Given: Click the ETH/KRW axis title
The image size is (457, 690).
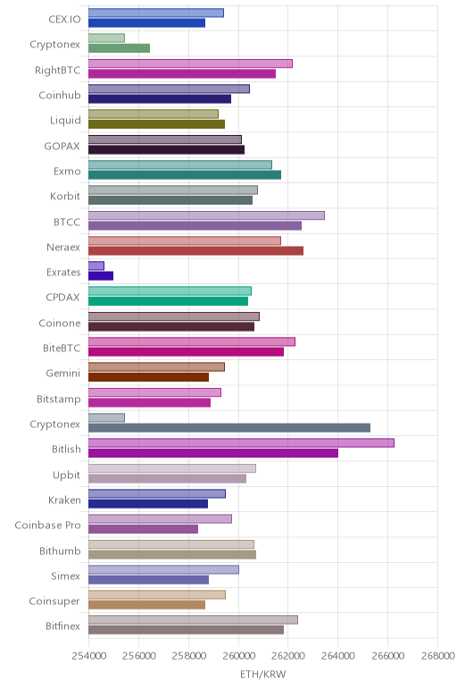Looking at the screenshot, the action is [262, 674].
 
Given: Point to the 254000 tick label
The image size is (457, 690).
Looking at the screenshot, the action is [88, 656].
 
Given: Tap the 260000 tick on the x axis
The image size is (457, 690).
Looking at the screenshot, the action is [238, 656].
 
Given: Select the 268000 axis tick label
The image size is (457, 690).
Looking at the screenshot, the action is [437, 656].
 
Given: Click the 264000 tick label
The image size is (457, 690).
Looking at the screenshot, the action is [338, 656].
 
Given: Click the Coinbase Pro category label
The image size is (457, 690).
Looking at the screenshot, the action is [47, 525].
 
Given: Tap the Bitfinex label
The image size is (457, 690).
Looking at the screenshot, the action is [62, 626].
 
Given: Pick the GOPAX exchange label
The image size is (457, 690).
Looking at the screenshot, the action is [62, 146].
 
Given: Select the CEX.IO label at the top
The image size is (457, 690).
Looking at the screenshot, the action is [64, 20].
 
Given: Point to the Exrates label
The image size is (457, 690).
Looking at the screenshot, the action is [63, 273].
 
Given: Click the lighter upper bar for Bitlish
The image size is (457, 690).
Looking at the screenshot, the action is [241, 442].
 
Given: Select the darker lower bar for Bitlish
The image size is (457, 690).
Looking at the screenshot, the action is [213, 453].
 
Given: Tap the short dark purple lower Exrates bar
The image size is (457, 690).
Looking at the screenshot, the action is [101, 276].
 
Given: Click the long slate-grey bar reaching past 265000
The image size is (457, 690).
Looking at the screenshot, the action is [229, 428].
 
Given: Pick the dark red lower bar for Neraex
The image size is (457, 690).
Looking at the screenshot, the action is [195, 251].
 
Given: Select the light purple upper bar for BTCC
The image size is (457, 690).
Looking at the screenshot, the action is [206, 215].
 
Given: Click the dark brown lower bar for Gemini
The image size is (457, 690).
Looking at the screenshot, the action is [148, 377].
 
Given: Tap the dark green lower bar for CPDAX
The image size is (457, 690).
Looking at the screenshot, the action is [168, 301].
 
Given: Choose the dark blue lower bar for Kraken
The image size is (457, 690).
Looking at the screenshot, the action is [148, 503].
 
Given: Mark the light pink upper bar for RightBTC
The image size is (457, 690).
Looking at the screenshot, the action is [190, 63].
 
